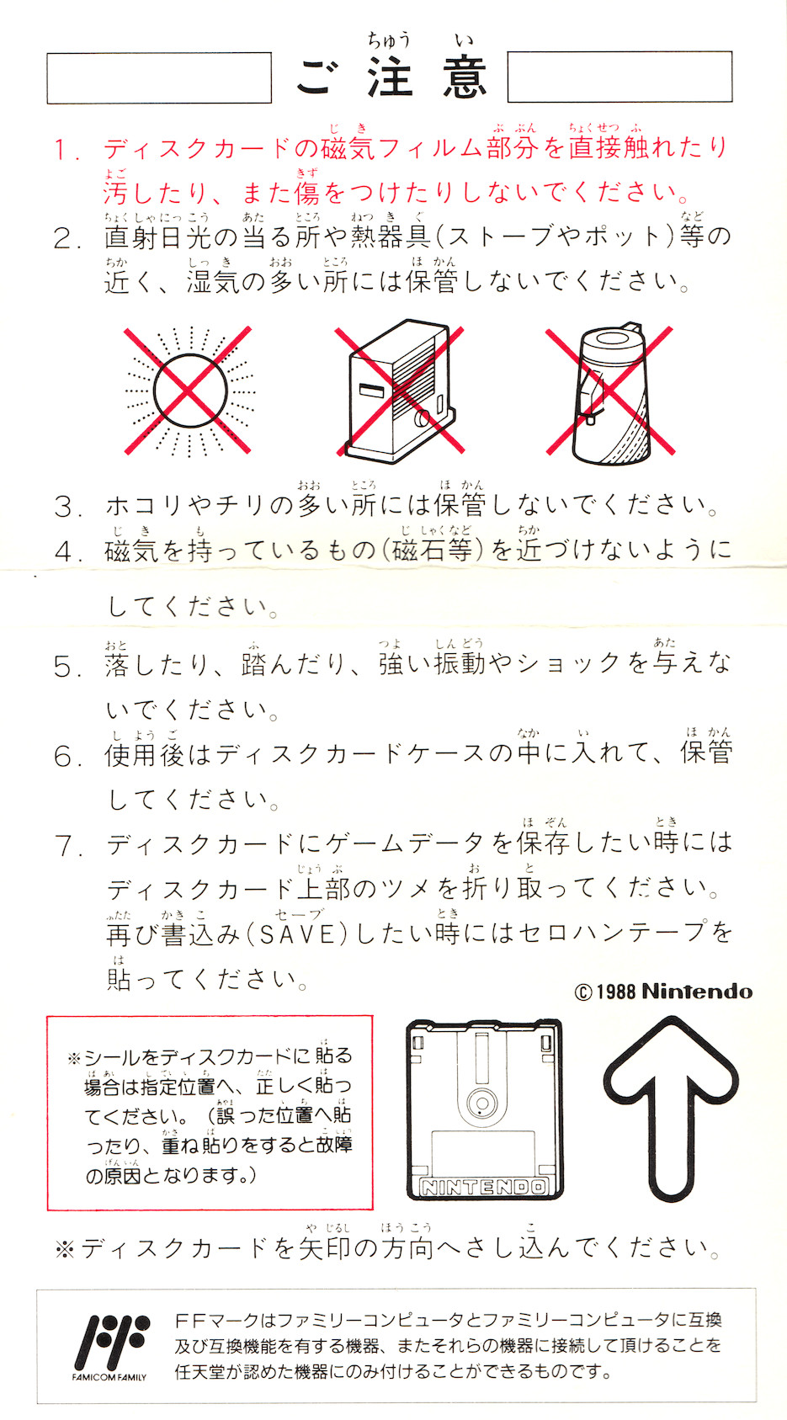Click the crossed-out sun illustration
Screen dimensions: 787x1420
tap(189, 391)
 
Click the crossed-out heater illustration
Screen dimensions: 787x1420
tap(400, 391)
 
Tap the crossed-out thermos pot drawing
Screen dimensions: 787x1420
tap(609, 393)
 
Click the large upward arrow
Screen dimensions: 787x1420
tap(670, 1108)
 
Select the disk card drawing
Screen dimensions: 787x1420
tap(485, 1109)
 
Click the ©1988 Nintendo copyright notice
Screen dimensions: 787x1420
tap(663, 992)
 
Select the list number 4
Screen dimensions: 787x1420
tap(67, 551)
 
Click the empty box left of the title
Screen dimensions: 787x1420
tap(159, 78)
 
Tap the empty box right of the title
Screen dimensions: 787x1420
tap(619, 77)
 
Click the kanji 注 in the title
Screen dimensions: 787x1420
tap(390, 77)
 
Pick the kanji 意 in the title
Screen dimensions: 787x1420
tap(465, 77)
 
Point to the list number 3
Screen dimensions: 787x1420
tap(67, 507)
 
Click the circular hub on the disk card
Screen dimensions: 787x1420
tap(481, 1102)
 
